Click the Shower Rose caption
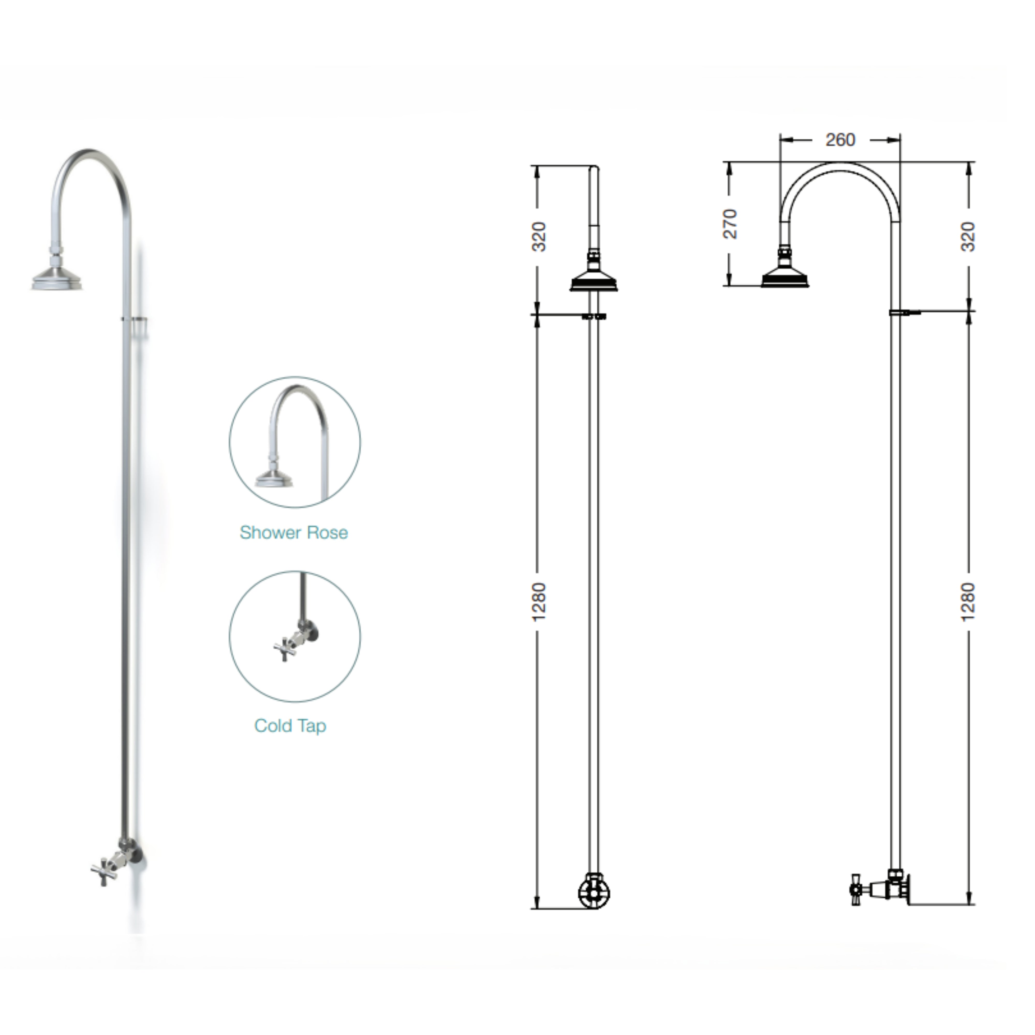(x=294, y=533)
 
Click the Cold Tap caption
(x=290, y=726)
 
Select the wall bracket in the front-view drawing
(x=594, y=316)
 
